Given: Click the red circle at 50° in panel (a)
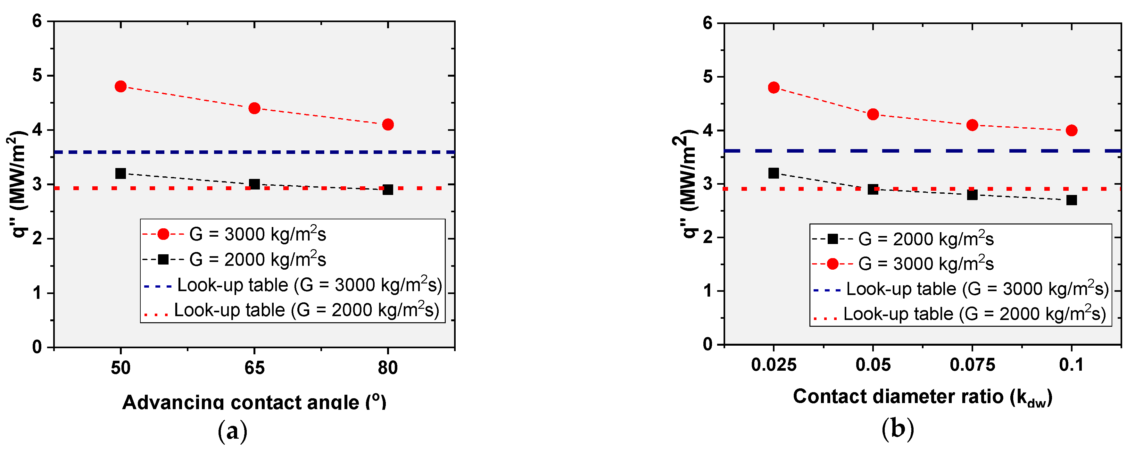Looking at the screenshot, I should click(120, 87).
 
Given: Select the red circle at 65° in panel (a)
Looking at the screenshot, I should click(254, 108).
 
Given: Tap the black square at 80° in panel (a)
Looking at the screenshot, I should click(388, 190).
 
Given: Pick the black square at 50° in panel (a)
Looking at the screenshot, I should click(120, 173).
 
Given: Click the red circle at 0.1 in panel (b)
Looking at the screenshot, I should click(1072, 131).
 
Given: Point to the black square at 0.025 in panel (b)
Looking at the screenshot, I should click(773, 173).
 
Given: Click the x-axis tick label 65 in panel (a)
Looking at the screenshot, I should click(254, 368).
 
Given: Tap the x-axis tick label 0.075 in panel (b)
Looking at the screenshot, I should click(972, 365).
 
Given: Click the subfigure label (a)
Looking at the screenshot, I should click(233, 431).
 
